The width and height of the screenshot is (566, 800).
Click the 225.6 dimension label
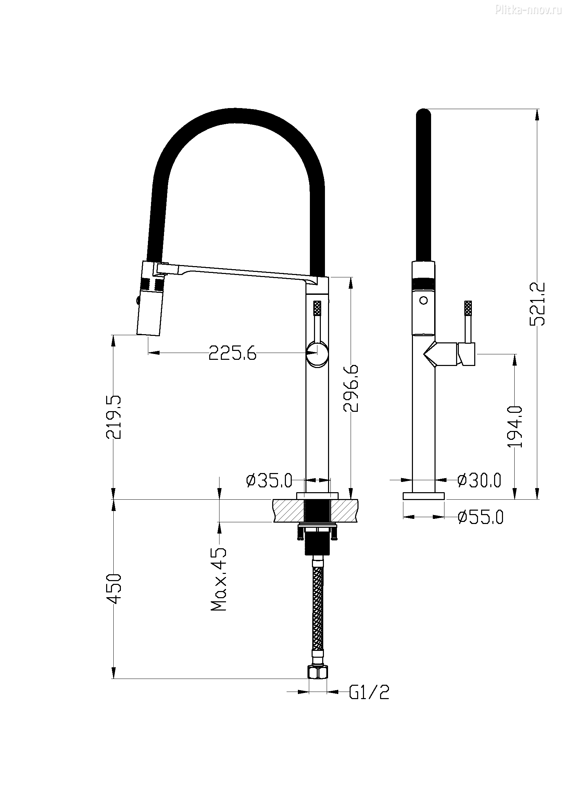click(232, 353)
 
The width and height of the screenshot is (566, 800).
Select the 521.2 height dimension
click(537, 304)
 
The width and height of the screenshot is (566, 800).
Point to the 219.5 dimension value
click(114, 417)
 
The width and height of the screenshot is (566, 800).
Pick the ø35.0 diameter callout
click(269, 481)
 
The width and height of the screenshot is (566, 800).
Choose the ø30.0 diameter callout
click(479, 481)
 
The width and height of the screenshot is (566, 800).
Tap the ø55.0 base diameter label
click(480, 517)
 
